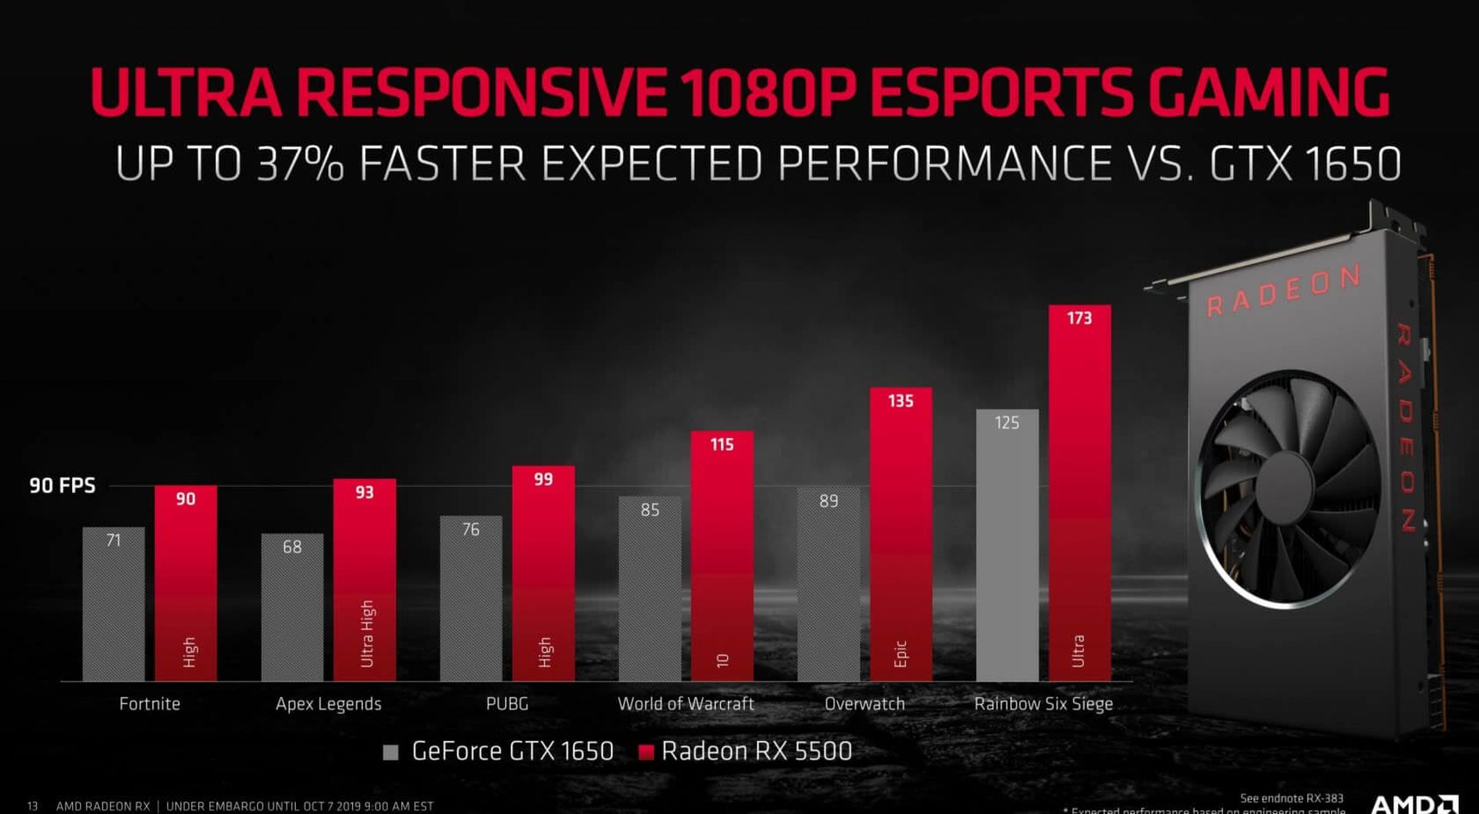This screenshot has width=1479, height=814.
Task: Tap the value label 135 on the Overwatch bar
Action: coord(900,401)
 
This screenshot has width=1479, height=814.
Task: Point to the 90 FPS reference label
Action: coord(62,486)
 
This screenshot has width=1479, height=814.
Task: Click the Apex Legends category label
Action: coord(328,704)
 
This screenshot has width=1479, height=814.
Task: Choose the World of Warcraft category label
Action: coord(686,704)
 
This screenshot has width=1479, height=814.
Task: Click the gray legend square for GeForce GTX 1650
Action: coord(391,752)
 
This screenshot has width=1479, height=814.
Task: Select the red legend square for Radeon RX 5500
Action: coord(646,752)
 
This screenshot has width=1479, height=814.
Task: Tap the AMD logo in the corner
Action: coord(1414,804)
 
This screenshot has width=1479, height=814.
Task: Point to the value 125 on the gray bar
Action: coord(1007,423)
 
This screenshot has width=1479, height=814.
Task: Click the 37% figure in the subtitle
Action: coord(300,164)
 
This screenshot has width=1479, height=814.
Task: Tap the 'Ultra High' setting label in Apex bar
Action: coord(367,633)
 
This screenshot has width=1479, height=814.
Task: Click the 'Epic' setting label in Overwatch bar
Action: coord(900,653)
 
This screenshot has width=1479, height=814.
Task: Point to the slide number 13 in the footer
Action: coord(32,806)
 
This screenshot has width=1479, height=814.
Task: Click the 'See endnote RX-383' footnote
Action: coord(1291,799)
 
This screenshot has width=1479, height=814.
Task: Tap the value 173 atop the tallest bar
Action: coord(1079,318)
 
